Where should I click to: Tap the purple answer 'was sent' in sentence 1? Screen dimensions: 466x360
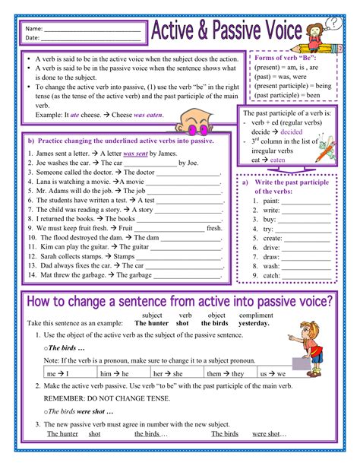click(134, 153)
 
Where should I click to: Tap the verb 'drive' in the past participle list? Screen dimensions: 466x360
click(272, 248)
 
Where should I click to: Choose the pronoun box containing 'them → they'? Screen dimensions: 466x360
click(226, 374)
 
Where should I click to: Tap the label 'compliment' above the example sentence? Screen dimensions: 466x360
click(256, 315)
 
